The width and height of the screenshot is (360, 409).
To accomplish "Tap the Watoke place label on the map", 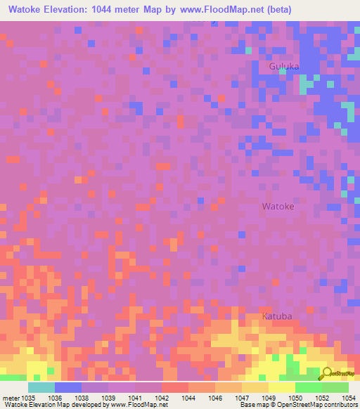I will (278, 207).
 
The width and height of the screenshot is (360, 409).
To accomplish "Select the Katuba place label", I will (277, 316).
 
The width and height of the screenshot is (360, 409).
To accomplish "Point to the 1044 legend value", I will (188, 398).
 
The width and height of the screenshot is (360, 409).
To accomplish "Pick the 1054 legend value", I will (347, 398).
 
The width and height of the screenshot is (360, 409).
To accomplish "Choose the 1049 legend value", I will (269, 398).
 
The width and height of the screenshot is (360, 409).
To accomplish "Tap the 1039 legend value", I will (108, 398).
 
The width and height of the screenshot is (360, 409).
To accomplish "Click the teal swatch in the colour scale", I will (41, 387).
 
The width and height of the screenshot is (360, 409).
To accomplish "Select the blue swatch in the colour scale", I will (67, 387).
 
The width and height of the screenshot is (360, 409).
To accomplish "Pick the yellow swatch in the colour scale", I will (281, 387).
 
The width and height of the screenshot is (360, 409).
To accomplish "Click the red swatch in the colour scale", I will (174, 387).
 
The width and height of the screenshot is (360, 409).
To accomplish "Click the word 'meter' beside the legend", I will (11, 398).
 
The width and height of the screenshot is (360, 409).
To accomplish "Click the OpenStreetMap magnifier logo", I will (327, 374).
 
